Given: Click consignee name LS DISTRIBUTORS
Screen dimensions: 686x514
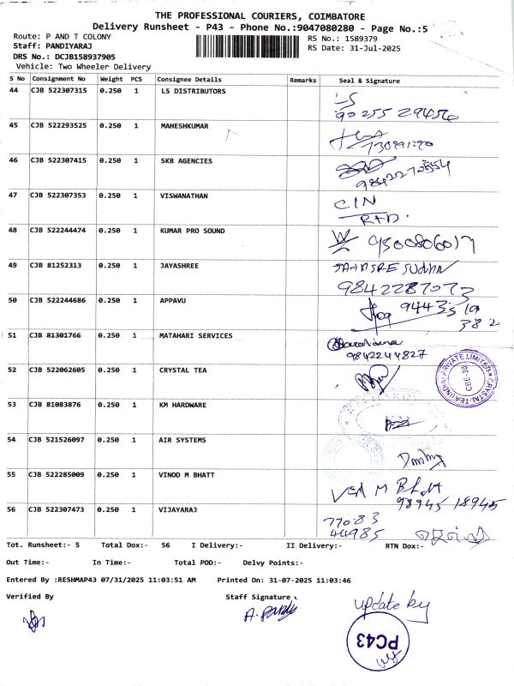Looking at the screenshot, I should [193, 90].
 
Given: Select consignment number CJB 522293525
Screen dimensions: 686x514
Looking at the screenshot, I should [59, 126].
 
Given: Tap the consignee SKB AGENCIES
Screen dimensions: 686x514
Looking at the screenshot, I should [186, 160].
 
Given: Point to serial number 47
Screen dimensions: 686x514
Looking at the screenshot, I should [13, 196].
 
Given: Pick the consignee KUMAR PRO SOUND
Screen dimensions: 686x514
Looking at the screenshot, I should [192, 231].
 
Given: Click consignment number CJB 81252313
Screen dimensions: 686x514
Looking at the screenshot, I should [57, 266].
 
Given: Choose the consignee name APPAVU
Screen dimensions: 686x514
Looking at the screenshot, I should [174, 300].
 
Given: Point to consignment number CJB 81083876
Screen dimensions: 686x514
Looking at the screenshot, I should [57, 405].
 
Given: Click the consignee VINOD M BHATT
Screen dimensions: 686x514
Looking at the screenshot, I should [189, 474].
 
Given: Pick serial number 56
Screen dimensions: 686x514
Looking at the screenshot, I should [13, 509].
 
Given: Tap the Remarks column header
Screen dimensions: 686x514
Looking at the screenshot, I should [303, 80].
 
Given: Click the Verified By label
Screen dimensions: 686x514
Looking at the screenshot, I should [30, 596].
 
